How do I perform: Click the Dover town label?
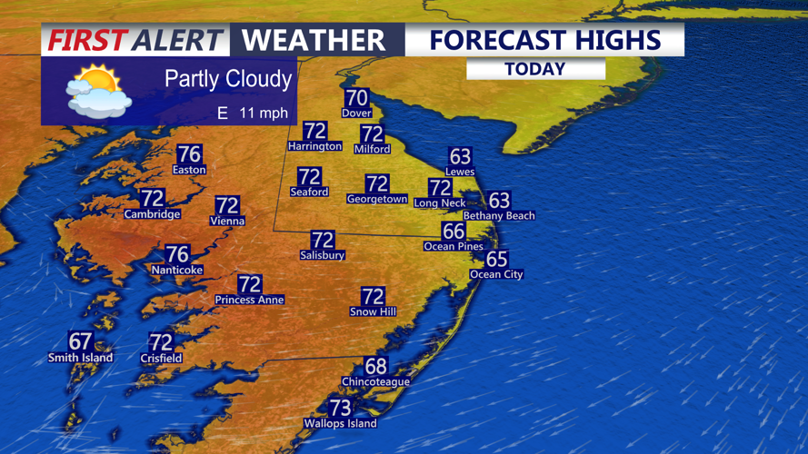click(x=356, y=113)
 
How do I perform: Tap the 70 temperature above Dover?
click(x=356, y=98)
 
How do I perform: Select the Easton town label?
click(x=189, y=170)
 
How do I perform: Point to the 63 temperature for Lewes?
click(x=460, y=157)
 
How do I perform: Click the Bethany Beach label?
click(x=499, y=216)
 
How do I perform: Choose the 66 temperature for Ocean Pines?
click(x=454, y=232)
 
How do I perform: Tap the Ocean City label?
click(x=496, y=274)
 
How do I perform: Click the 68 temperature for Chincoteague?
click(x=375, y=367)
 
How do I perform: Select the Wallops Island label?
click(x=340, y=423)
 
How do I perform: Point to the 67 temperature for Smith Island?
click(x=81, y=341)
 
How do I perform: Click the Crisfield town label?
click(x=161, y=359)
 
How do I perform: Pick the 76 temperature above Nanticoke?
click(x=177, y=255)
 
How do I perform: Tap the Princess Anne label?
click(x=249, y=300)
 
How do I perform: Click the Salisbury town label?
click(x=323, y=255)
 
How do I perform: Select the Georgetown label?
click(x=377, y=199)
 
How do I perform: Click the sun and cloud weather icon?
click(x=98, y=91)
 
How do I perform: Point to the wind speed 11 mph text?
click(x=264, y=113)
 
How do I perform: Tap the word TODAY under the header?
click(x=535, y=69)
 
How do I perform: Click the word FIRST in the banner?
click(x=85, y=41)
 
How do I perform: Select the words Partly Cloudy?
click(x=228, y=79)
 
